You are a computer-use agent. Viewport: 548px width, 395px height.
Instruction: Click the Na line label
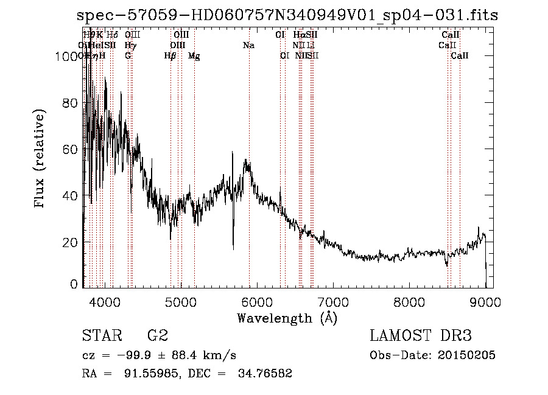248,45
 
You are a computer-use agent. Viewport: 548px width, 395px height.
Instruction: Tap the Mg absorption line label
194,56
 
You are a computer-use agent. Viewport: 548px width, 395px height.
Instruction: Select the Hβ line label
170,56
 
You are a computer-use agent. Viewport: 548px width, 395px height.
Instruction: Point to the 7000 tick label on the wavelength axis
332,302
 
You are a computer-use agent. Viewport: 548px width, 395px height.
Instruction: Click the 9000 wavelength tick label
485,302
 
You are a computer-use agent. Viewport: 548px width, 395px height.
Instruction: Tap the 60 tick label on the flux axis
71,149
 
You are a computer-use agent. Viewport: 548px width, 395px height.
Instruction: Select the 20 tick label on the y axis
71,242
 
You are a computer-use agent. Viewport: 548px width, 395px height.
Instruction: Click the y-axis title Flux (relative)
41,159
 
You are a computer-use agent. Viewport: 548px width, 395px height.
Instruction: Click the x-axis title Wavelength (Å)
287,318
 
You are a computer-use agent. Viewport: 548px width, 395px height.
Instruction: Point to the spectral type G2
158,335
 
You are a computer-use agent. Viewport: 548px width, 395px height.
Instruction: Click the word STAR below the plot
100,335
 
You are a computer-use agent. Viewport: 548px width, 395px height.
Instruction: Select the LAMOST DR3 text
421,335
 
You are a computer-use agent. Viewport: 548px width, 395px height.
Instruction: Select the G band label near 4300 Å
128,56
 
